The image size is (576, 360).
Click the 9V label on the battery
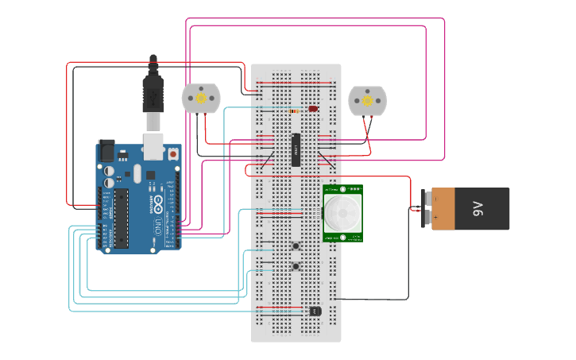[477, 209]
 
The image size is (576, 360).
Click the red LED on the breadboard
[313, 109]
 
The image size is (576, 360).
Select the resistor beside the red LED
[296, 111]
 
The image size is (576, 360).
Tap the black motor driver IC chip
[296, 150]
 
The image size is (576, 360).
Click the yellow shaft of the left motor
[201, 99]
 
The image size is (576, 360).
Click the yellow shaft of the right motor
[367, 100]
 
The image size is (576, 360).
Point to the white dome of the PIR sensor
[342, 213]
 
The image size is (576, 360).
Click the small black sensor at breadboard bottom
[315, 311]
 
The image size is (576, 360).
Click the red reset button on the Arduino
[172, 153]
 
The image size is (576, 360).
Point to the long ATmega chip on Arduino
[121, 218]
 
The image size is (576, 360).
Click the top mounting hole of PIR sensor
[342, 189]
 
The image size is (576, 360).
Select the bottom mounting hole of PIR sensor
[342, 237]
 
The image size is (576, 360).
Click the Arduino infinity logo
[158, 199]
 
